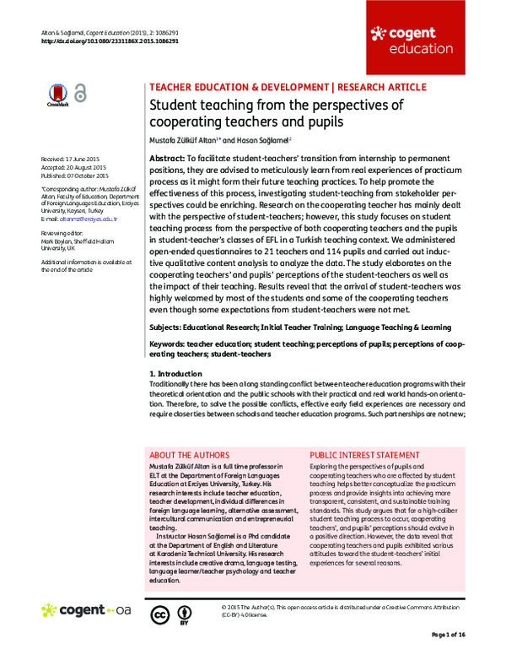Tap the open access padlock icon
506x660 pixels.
(x=80, y=95)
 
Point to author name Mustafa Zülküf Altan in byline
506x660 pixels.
(x=182, y=139)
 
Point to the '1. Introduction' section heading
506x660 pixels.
(x=175, y=373)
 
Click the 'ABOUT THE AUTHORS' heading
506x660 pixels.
(x=189, y=452)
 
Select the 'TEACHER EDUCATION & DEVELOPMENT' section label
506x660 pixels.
(x=239, y=87)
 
